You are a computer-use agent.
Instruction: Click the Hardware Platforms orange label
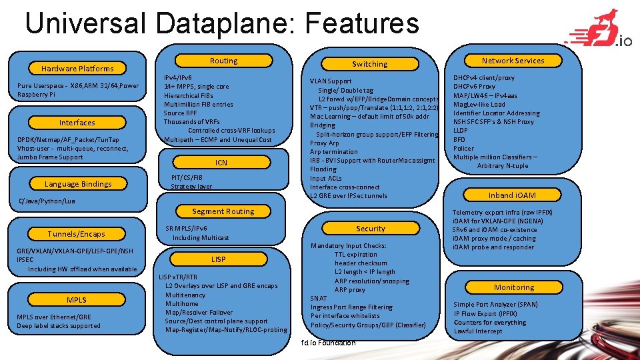pyautogui.click(x=77, y=68)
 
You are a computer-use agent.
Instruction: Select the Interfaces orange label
pyautogui.click(x=77, y=123)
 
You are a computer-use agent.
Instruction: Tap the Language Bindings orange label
pyautogui.click(x=78, y=183)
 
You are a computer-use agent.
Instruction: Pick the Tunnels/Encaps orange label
pyautogui.click(x=76, y=233)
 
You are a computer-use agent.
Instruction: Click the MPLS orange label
pyautogui.click(x=77, y=299)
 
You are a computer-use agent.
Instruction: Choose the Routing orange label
pyautogui.click(x=223, y=61)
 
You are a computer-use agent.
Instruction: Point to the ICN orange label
pyautogui.click(x=221, y=163)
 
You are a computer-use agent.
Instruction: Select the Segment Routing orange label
pyautogui.click(x=223, y=211)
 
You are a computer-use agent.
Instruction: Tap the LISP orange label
pyautogui.click(x=219, y=259)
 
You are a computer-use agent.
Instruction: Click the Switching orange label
pyautogui.click(x=370, y=64)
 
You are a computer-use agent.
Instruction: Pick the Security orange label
pyautogui.click(x=371, y=229)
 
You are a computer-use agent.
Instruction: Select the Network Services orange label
pyautogui.click(x=513, y=61)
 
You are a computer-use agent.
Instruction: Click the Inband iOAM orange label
pyautogui.click(x=512, y=195)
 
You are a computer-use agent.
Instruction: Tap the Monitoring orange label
pyautogui.click(x=513, y=287)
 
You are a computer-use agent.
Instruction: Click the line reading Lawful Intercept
pyautogui.click(x=478, y=331)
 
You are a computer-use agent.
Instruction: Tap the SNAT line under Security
pyautogui.click(x=319, y=298)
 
